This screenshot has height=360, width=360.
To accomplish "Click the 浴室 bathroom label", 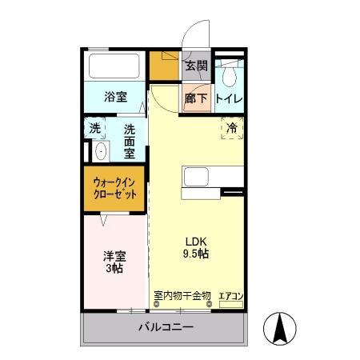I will [x=117, y=97].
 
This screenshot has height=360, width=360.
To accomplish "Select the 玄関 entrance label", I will [x=196, y=66].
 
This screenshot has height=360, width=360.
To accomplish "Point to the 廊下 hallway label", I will [x=196, y=99].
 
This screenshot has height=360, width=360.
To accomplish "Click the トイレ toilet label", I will [x=230, y=99].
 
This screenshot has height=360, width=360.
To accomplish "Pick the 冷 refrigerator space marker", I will [x=232, y=127].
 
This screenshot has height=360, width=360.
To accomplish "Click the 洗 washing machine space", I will [x=95, y=128].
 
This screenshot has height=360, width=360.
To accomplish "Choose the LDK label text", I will [x=196, y=239].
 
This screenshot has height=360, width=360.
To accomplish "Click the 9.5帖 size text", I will [x=196, y=254].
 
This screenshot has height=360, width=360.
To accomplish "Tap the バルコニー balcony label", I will [x=165, y=326].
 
